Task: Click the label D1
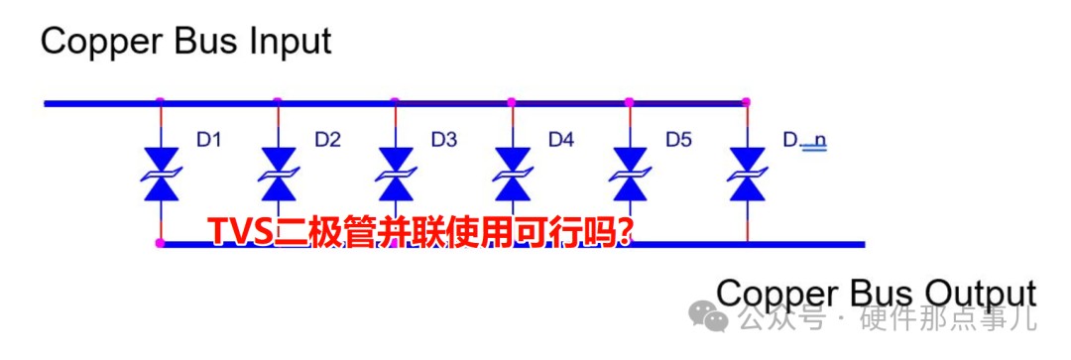click(208, 141)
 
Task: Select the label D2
click(327, 141)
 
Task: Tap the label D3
click(444, 141)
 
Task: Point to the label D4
click(561, 141)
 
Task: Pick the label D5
click(679, 141)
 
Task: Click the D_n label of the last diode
click(804, 142)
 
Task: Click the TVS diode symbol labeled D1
click(161, 175)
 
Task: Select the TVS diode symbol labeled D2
click(278, 175)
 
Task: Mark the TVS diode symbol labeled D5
click(630, 175)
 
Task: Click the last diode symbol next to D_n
click(748, 175)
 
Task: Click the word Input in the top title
click(291, 43)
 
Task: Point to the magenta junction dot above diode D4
click(512, 102)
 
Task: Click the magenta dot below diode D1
click(161, 243)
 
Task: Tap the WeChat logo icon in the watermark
click(712, 316)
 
